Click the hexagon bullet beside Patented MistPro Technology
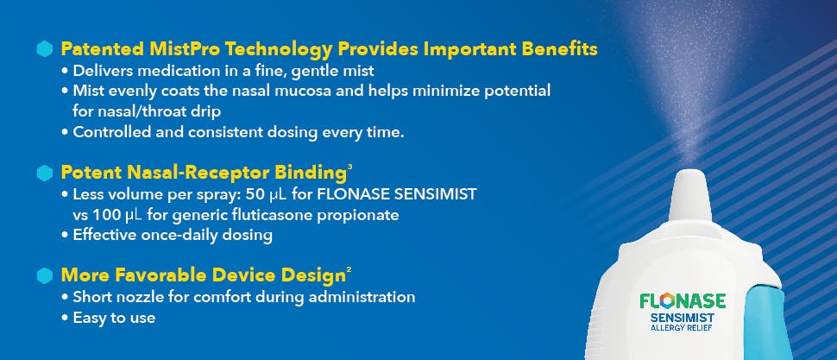46,49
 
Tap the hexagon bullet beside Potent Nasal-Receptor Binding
46,173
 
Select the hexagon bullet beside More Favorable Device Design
46,276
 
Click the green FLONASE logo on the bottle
682,301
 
